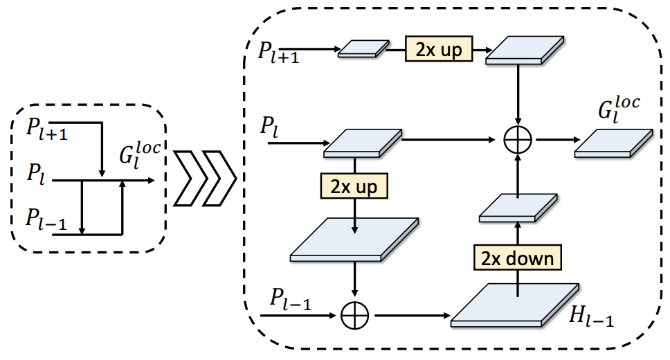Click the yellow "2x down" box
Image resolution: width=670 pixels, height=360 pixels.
pos(518,258)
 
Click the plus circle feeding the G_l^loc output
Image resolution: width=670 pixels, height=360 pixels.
pos(518,141)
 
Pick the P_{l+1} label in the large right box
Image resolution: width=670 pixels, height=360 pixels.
pos(278,51)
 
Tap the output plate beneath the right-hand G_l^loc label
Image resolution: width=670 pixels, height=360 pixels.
pos(613,142)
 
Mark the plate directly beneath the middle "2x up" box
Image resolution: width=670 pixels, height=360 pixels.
pos(355,241)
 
